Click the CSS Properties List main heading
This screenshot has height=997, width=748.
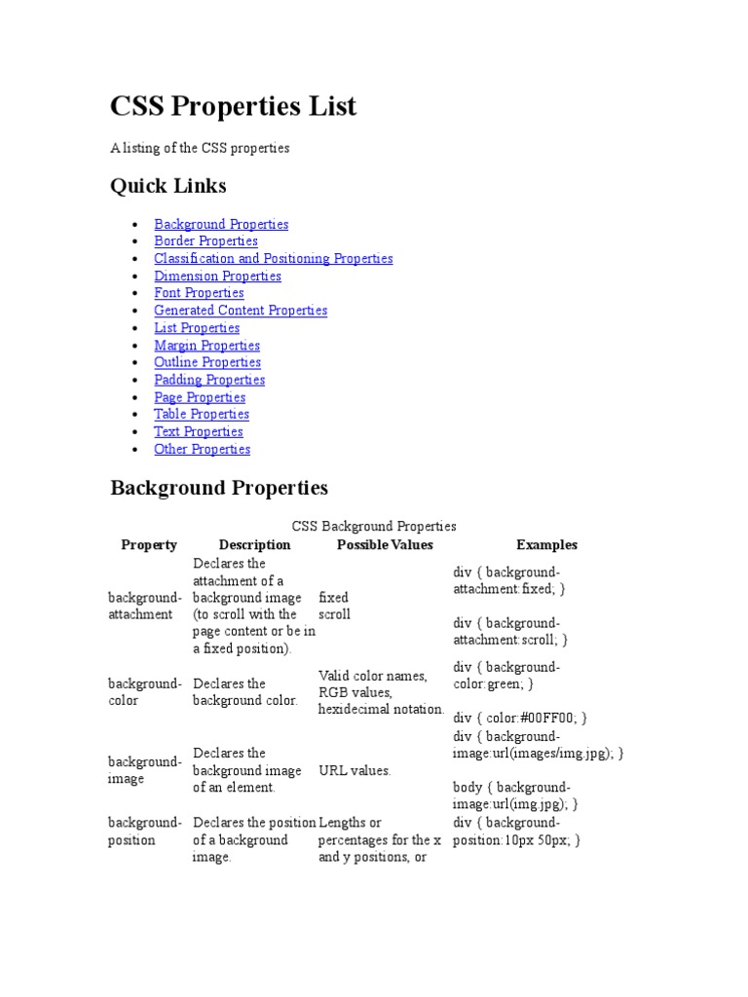[x=234, y=106]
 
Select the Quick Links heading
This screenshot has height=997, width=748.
[x=168, y=185]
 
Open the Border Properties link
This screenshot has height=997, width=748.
[x=206, y=240]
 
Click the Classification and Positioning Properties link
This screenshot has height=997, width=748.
[x=273, y=258]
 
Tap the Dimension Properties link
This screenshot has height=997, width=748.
[x=217, y=276]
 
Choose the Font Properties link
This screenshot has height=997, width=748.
[x=199, y=292]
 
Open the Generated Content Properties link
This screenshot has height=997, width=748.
[x=241, y=310]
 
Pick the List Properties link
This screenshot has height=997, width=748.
[x=197, y=327]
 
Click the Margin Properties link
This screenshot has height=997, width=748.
[x=206, y=345]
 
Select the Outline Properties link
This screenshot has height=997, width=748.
[x=207, y=362]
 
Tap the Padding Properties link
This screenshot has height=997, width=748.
[x=209, y=380]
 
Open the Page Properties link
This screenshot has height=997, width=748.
[x=200, y=397]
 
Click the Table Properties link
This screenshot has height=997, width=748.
[x=202, y=414]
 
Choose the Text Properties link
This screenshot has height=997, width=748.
[x=199, y=431]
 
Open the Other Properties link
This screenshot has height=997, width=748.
[x=202, y=449]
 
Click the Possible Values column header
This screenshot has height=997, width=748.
[x=385, y=545]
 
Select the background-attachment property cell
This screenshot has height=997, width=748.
[x=144, y=606]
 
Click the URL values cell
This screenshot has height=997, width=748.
[x=355, y=770]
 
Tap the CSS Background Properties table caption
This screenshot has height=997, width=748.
[x=374, y=526]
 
